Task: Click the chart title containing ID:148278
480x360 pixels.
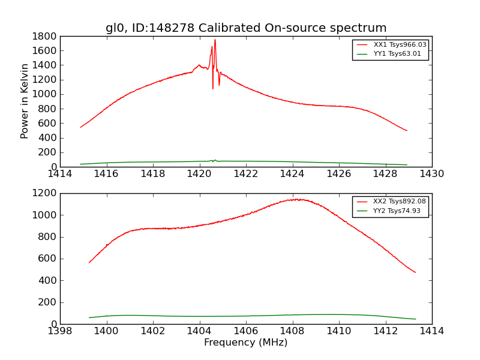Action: (246, 28)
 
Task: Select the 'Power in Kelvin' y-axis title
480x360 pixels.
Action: (25, 101)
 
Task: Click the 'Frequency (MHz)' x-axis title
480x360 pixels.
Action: (246, 343)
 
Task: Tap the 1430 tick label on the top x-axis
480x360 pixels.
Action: (432, 174)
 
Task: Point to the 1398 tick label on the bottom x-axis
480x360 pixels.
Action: (60, 331)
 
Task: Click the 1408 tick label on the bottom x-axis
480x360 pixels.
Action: (293, 331)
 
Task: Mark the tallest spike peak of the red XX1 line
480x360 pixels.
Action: (215, 40)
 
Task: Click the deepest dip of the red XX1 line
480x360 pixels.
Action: (212, 89)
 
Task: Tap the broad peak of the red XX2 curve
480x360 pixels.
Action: (295, 199)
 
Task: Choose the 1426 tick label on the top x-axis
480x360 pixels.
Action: (339, 174)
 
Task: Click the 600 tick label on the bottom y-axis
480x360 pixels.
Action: (49, 259)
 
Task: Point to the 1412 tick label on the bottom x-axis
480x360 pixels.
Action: (386, 331)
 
